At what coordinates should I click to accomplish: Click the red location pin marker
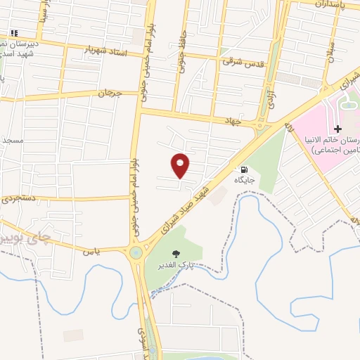pos(181,165)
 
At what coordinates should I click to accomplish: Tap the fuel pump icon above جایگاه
pos(244,169)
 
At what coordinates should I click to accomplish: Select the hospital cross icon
pos(338,129)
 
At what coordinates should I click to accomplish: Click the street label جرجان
pos(110,92)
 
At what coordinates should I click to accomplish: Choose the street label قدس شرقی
pos(243,63)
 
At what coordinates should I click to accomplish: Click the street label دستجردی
pos(20,200)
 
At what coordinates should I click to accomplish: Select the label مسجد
pos(12,140)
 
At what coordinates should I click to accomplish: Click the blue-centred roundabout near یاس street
pos(135,252)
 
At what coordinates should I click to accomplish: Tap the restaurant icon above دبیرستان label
pos(13,32)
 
